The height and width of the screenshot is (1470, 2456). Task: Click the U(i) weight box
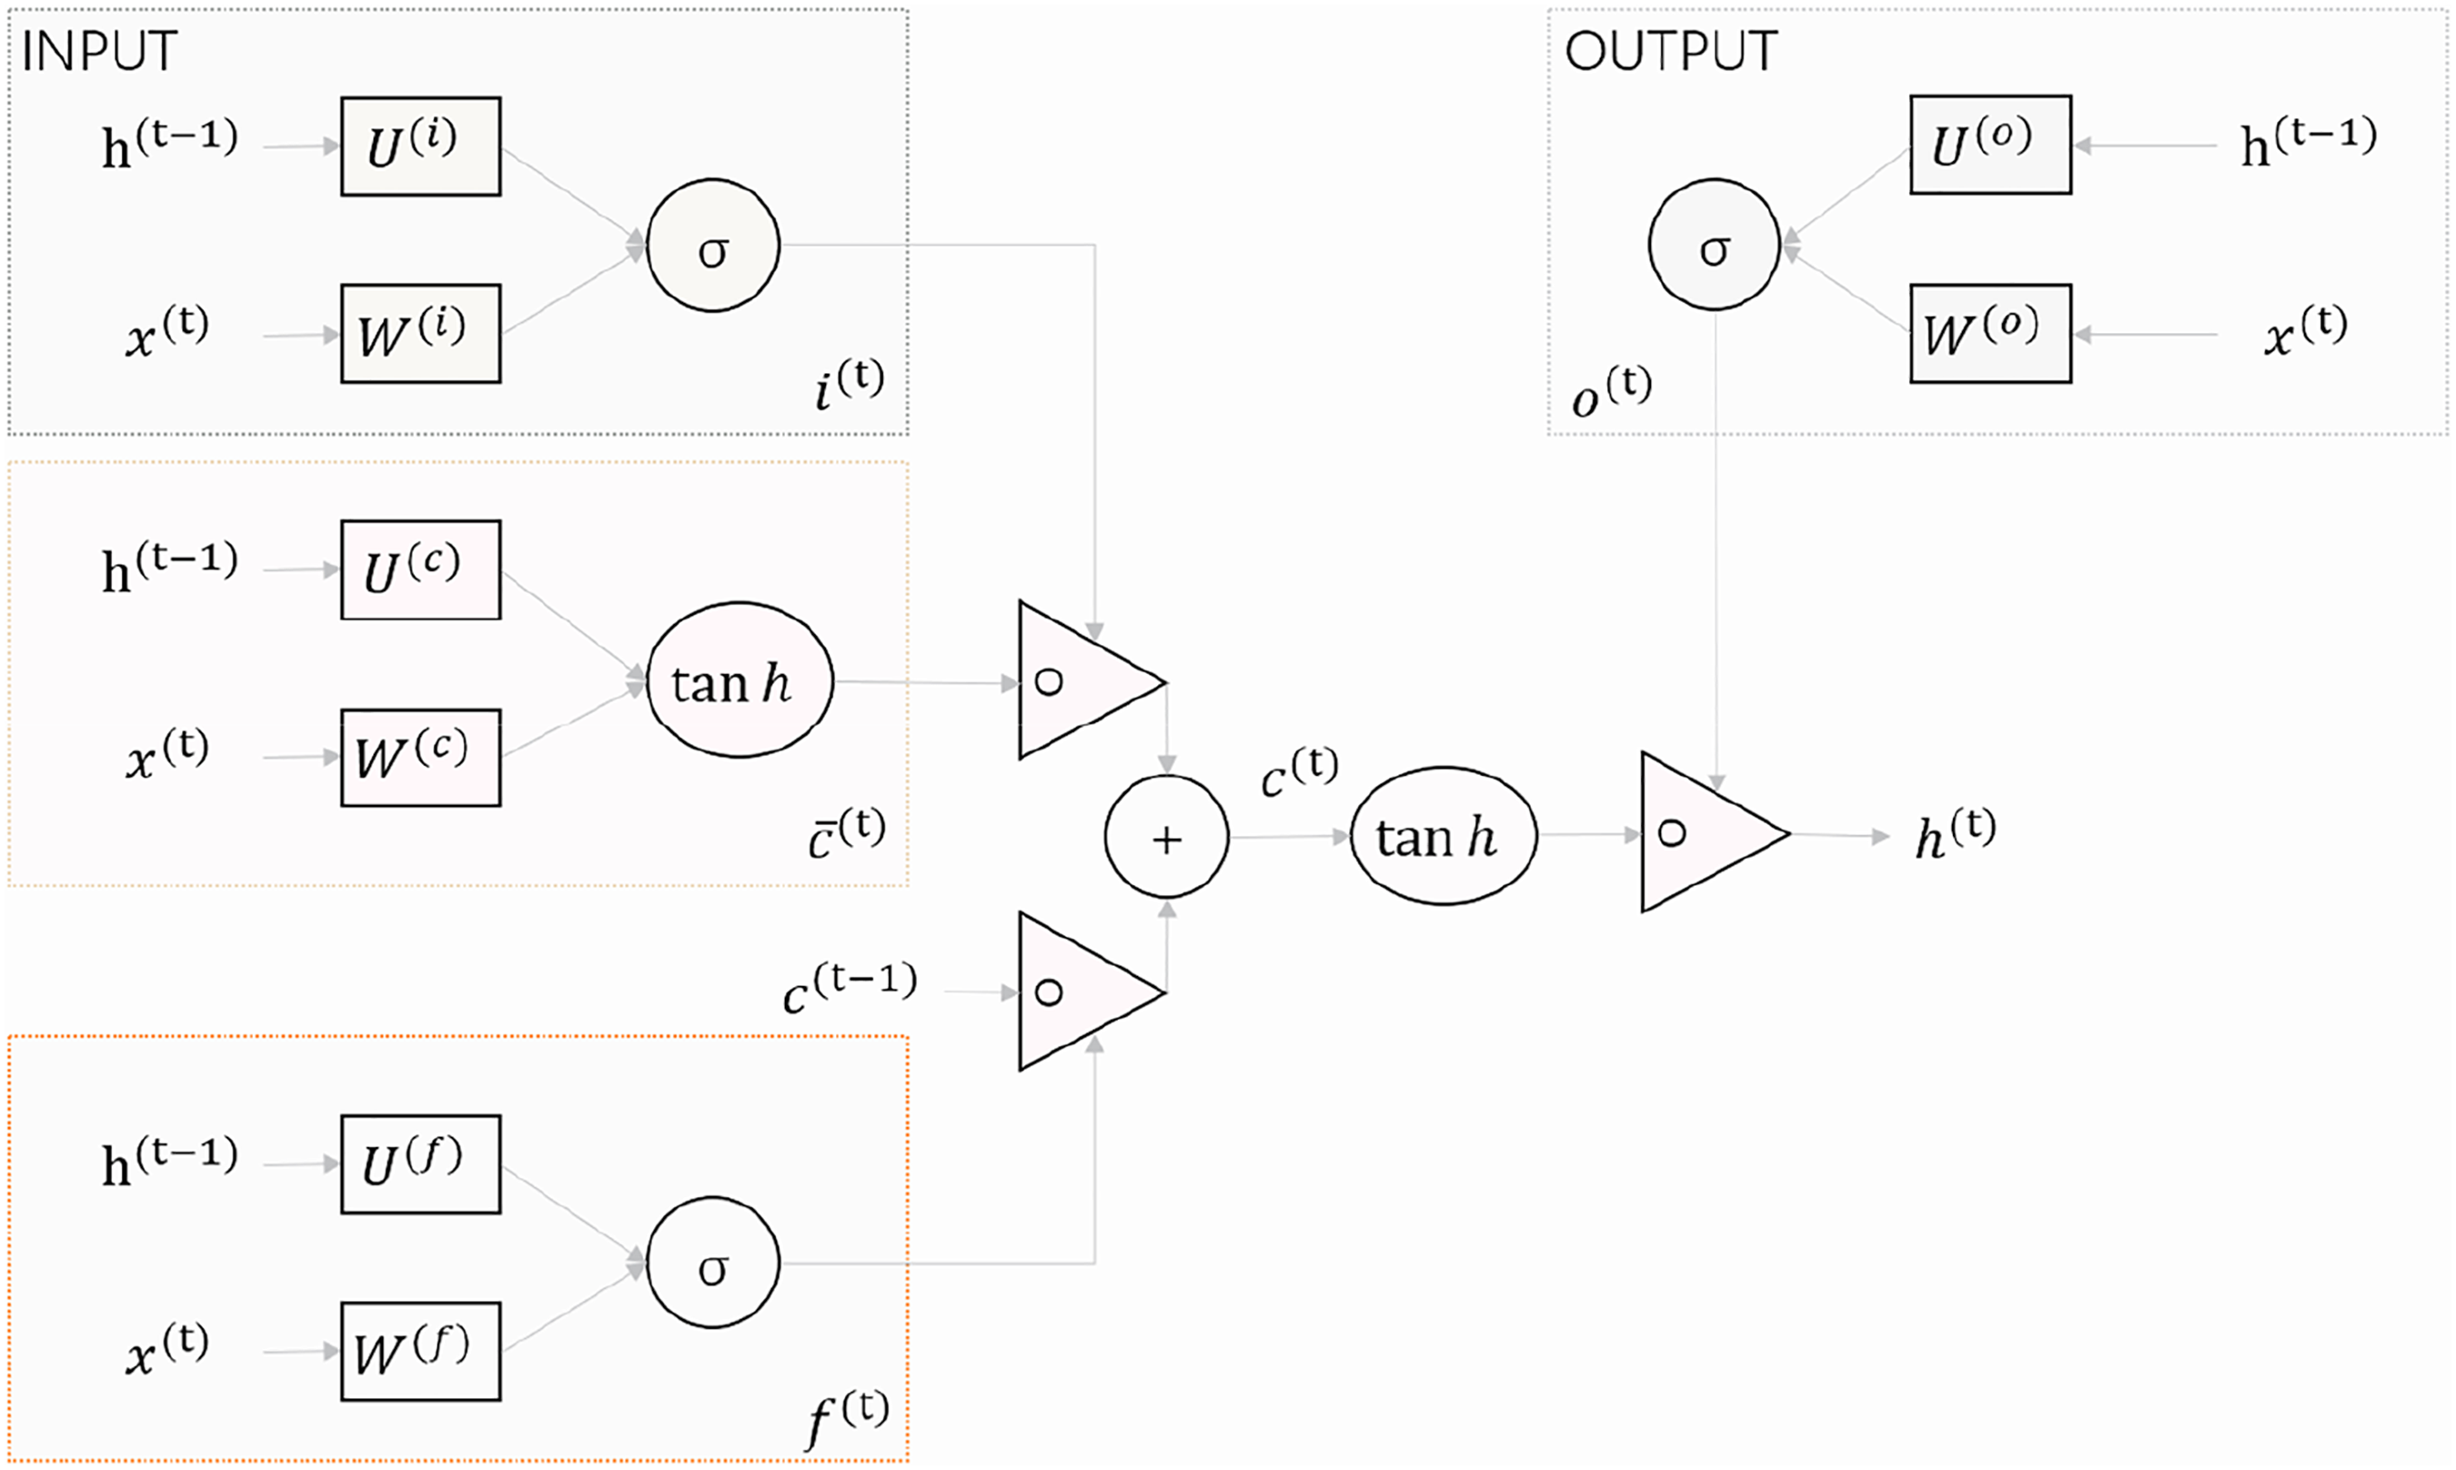click(421, 146)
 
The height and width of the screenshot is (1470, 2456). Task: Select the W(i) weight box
click(421, 334)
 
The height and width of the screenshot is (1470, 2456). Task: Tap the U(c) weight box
click(421, 569)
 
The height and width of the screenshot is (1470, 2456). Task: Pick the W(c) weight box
click(421, 758)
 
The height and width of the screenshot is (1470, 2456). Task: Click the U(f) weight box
click(421, 1164)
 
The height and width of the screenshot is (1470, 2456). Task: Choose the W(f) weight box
click(421, 1351)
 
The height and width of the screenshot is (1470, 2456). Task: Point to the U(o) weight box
click(1990, 145)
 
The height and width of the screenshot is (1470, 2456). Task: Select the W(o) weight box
click(1990, 334)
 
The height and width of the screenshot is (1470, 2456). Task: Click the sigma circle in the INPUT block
click(713, 246)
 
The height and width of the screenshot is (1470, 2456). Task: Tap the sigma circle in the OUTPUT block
click(1715, 244)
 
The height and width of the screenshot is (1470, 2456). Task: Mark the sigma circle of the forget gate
click(713, 1263)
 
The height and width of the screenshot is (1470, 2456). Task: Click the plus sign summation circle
click(1166, 837)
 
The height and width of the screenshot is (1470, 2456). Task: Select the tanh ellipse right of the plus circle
click(1444, 836)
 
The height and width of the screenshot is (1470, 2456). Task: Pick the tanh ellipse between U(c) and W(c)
click(740, 680)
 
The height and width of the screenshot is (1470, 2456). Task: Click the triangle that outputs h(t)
click(1704, 833)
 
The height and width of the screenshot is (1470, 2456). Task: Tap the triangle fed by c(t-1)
click(1080, 992)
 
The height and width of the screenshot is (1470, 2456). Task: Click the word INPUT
click(99, 52)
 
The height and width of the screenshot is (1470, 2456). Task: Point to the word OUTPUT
click(1671, 52)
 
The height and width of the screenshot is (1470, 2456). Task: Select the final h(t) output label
click(1955, 834)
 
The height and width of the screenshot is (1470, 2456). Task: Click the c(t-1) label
click(850, 988)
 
